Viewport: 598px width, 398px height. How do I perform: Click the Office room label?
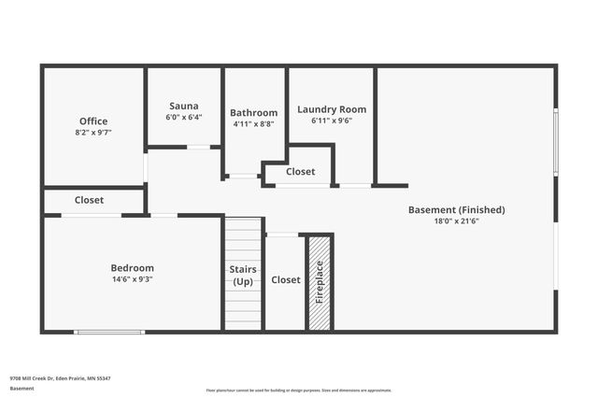click(93, 121)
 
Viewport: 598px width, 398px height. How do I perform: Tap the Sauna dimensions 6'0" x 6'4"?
click(183, 118)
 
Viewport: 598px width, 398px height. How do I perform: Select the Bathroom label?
click(255, 112)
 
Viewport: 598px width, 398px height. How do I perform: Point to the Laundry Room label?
click(332, 109)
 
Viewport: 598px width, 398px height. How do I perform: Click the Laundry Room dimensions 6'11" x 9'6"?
click(332, 121)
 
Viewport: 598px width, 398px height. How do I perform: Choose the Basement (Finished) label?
click(456, 210)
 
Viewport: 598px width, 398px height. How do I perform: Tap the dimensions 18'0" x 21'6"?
click(456, 221)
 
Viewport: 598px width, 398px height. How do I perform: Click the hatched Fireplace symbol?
click(320, 282)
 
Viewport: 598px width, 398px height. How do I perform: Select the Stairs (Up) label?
click(243, 276)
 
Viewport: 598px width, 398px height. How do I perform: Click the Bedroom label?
click(132, 268)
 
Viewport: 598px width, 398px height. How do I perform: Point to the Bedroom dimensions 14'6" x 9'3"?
click(132, 279)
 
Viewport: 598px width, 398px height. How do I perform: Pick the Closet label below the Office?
click(90, 200)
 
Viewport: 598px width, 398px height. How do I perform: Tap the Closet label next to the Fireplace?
click(286, 279)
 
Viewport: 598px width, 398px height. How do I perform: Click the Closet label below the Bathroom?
click(300, 172)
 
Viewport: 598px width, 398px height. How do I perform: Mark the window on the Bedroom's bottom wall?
click(109, 331)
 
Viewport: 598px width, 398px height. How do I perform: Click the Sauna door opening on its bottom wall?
click(198, 147)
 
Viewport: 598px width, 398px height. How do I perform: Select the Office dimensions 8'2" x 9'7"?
click(93, 133)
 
